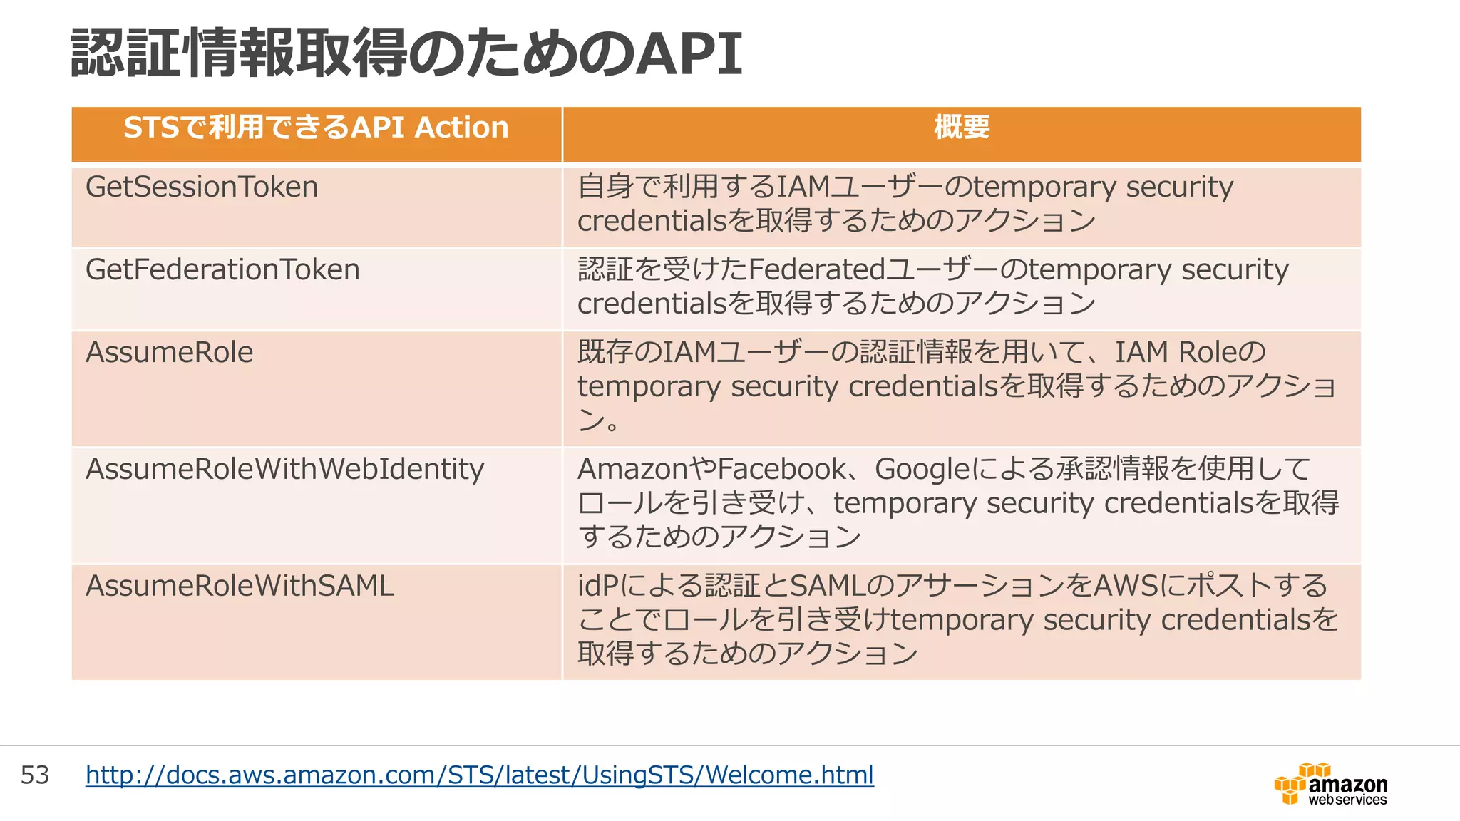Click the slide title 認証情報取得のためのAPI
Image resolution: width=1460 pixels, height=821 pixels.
pyautogui.click(x=406, y=53)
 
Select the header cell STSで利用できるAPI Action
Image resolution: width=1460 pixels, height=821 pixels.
pyautogui.click(x=316, y=128)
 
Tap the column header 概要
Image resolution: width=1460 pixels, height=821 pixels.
pyautogui.click(x=962, y=128)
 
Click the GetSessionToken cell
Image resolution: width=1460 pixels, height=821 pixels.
pyautogui.click(x=202, y=187)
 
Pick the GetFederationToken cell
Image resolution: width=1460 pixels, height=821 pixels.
pyautogui.click(x=222, y=270)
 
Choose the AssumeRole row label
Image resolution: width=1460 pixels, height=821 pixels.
pyautogui.click(x=169, y=353)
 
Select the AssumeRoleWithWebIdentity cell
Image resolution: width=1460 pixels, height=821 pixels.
pyautogui.click(x=284, y=470)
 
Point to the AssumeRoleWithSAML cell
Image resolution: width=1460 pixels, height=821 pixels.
pyautogui.click(x=240, y=587)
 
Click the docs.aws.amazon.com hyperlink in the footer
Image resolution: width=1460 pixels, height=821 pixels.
pyautogui.click(x=479, y=775)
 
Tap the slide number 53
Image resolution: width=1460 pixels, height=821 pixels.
pyautogui.click(x=35, y=775)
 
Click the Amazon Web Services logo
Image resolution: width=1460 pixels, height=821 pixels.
pyautogui.click(x=1330, y=785)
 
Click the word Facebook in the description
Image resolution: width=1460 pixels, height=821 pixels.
pyautogui.click(x=781, y=470)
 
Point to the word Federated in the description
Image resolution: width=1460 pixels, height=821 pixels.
pyautogui.click(x=817, y=270)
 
